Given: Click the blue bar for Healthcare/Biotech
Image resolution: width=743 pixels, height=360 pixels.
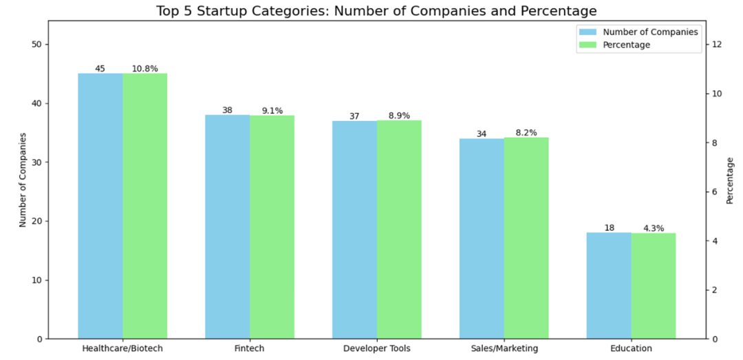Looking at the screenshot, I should pos(100,206).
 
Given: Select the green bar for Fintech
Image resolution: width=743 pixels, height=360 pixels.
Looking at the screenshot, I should pos(272,227).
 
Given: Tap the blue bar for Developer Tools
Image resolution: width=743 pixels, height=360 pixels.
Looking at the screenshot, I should pos(354,230).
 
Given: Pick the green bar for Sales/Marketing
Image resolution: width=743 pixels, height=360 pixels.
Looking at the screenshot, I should pos(526,238).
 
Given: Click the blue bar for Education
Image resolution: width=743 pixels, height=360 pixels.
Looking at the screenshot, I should pos(609,286).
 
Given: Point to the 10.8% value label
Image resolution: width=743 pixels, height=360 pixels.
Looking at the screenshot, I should pos(145,69).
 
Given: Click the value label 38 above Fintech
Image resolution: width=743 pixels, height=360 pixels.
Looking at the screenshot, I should pos(228,110).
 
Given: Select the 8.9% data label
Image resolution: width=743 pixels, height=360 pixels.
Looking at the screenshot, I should pos(399,116).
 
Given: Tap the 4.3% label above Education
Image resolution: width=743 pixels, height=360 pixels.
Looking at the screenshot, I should pos(654,229).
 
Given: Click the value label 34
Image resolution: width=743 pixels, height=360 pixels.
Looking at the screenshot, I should pos(482,134).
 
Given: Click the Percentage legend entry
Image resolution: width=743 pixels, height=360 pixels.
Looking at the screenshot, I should pos(626,45).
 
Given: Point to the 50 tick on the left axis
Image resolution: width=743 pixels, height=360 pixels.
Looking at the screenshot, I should pos(36,45).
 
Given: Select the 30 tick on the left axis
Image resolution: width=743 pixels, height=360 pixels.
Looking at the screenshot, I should pos(36,162).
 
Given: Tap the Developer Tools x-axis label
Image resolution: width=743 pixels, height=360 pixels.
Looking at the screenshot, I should pos(376,348).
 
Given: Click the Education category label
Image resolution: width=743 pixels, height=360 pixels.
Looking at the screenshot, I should pos(631,348).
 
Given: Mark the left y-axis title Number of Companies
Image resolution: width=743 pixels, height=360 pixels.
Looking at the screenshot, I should pos(22,180).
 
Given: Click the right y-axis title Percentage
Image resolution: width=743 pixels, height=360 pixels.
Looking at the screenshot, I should pos(731,180).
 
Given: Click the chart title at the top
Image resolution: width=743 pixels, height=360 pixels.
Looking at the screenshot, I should pos(376,11).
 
